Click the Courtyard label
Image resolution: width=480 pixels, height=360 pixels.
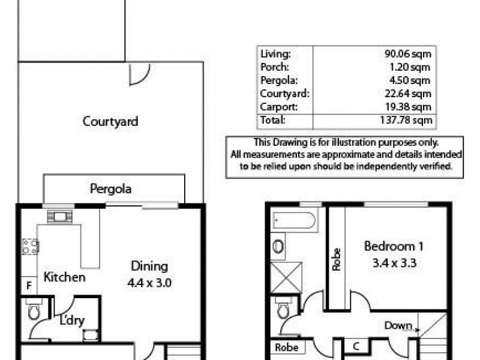(110, 121)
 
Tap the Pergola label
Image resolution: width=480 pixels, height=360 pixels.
(111, 188)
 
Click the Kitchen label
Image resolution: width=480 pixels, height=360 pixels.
(64, 277)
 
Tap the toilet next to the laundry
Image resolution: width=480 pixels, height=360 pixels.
(34, 311)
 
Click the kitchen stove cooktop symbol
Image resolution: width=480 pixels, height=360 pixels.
(30, 245)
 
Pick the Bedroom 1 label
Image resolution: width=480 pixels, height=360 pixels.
(389, 246)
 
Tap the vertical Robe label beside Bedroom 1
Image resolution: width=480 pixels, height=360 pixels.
(336, 259)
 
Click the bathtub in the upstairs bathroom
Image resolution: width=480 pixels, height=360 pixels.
(293, 222)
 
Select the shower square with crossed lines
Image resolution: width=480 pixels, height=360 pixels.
(286, 278)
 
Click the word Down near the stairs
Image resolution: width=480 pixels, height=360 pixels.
(399, 326)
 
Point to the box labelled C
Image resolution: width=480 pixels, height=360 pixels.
(356, 346)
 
